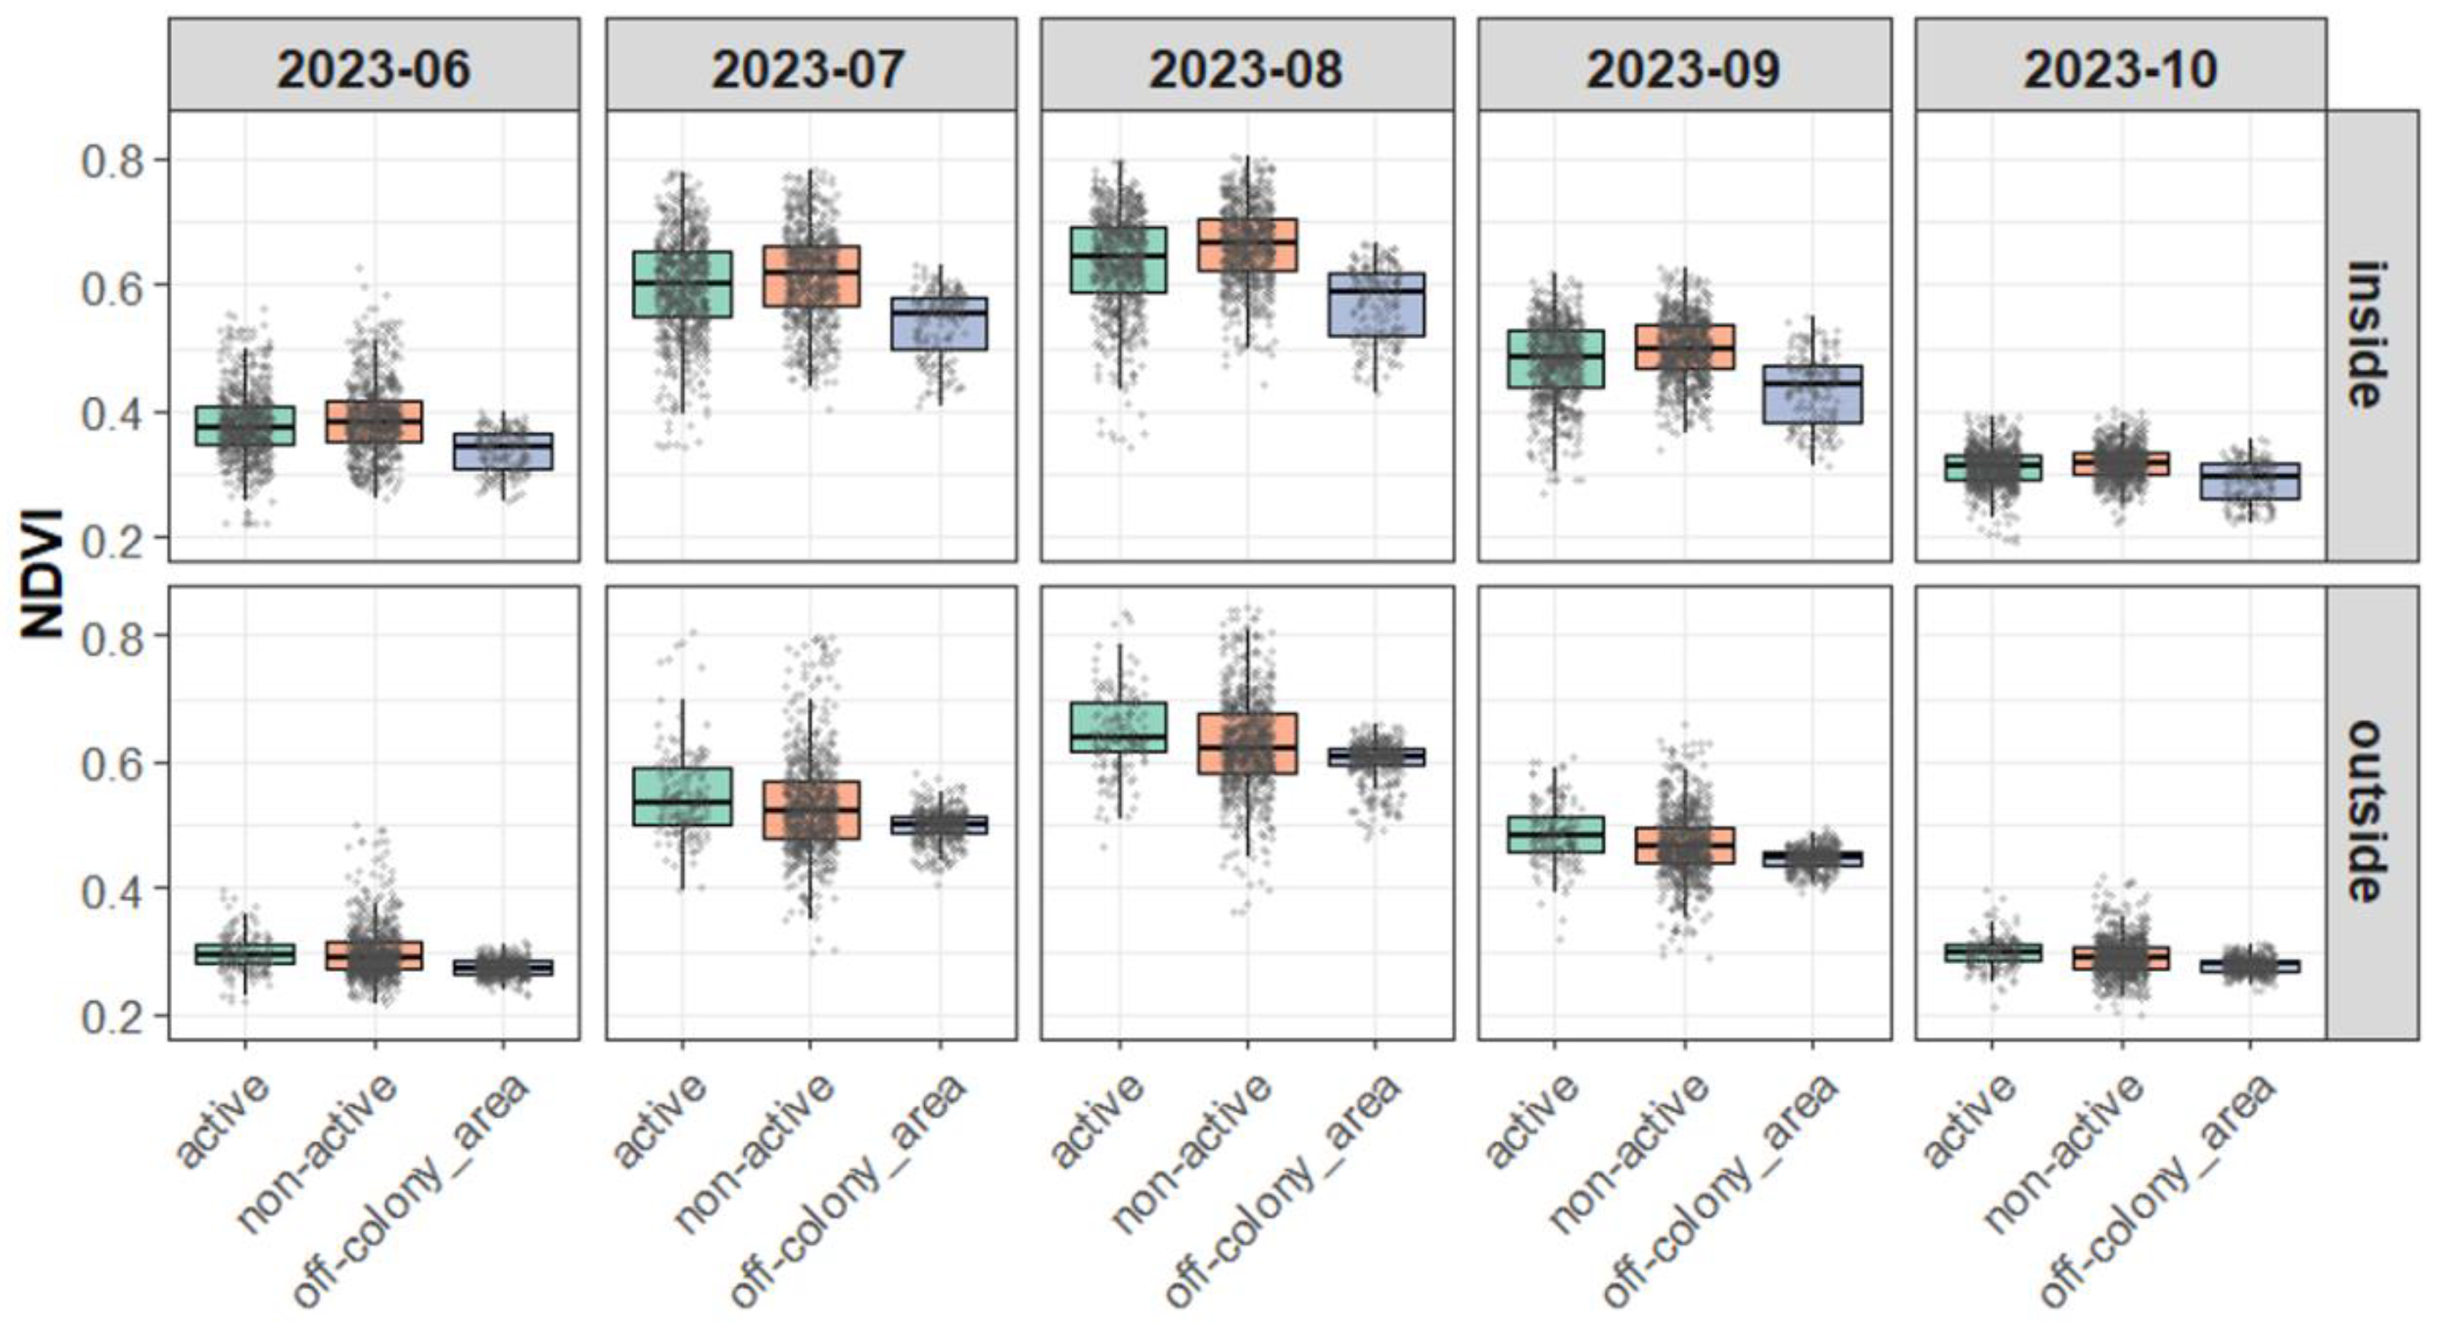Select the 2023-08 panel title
1246,68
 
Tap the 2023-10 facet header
2120,68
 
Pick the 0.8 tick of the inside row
113,161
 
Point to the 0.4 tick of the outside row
113,890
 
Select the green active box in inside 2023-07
682,284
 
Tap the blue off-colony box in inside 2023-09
1813,394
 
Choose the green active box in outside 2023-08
1118,727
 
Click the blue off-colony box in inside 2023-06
503,452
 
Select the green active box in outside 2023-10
1992,953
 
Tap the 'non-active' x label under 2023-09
1629,1153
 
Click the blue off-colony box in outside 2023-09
1813,859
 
